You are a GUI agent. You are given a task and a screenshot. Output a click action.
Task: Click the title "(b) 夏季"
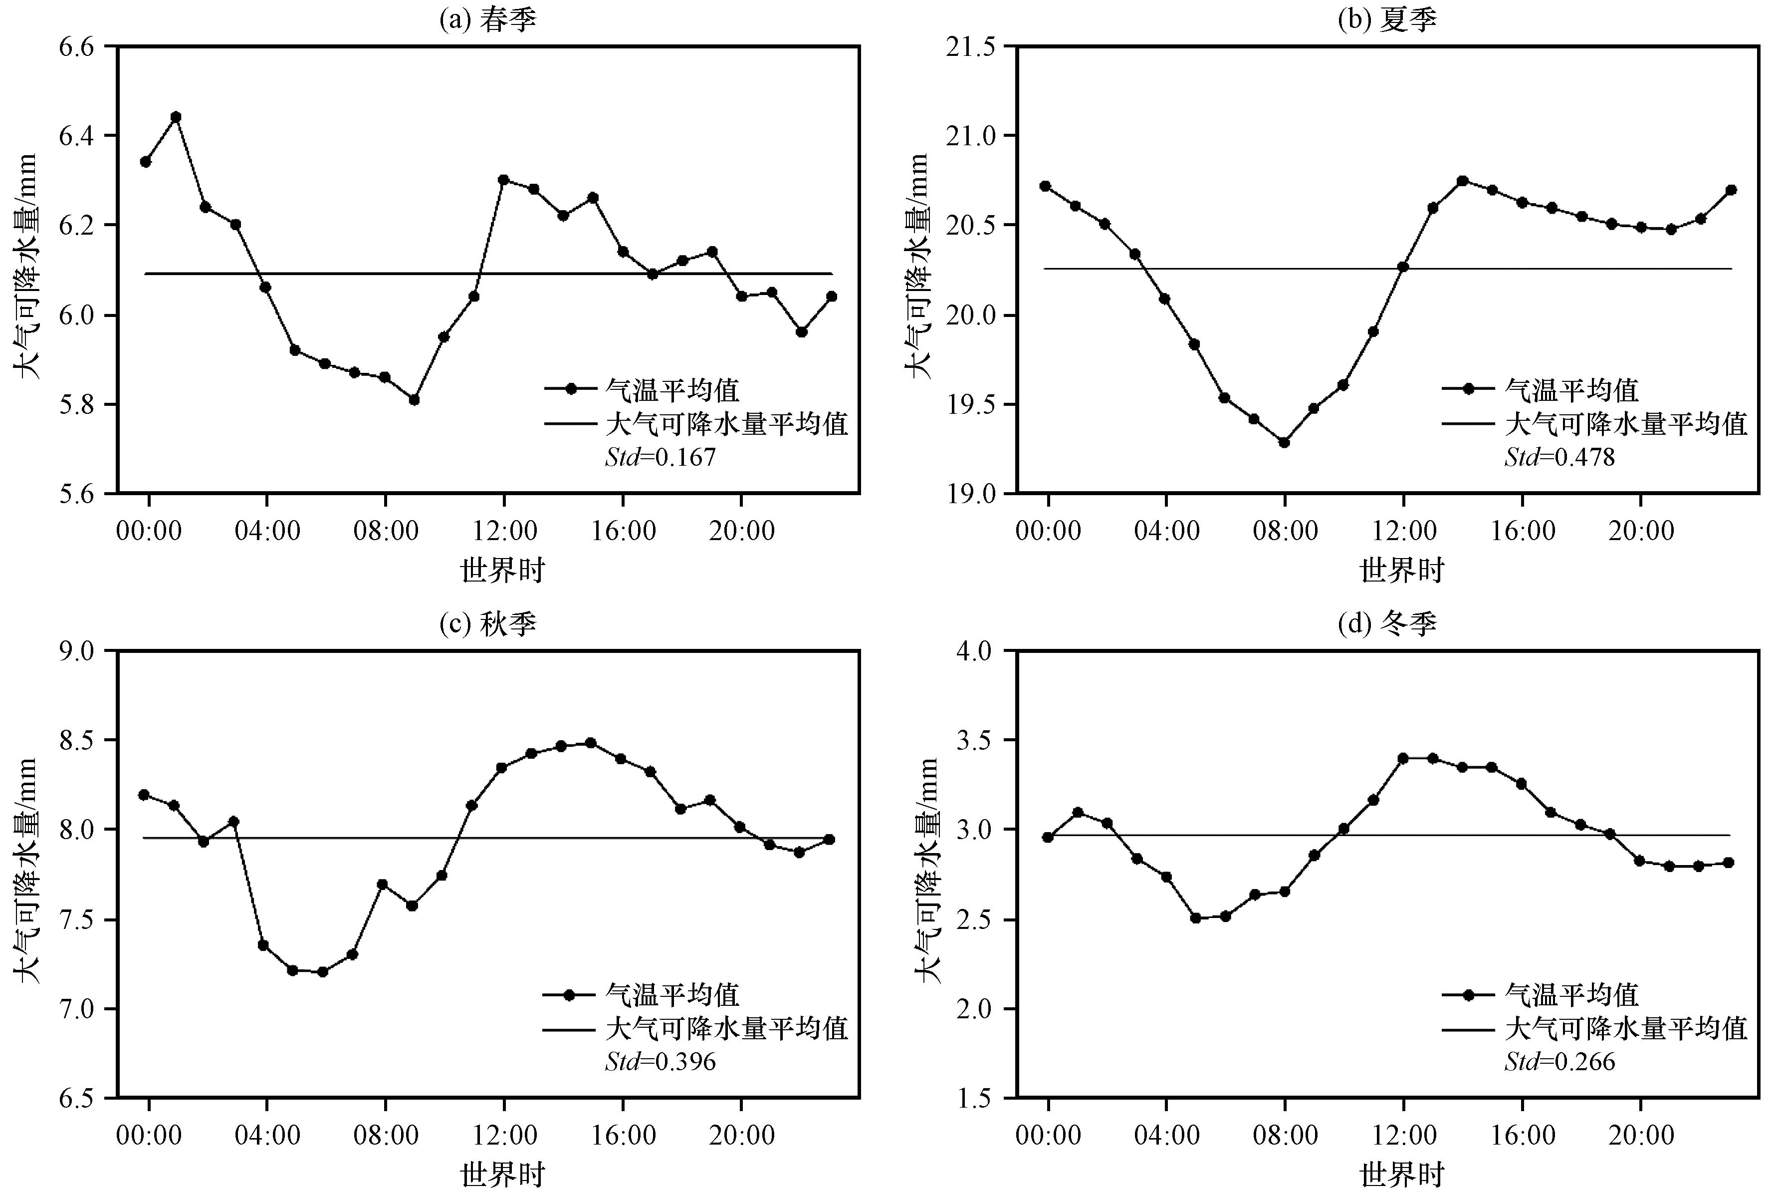click(x=1387, y=19)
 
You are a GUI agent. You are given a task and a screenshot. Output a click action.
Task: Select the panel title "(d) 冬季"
click(x=1387, y=623)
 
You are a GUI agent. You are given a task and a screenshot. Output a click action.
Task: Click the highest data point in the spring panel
click(x=176, y=117)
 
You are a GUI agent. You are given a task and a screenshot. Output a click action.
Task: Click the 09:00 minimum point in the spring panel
click(x=414, y=399)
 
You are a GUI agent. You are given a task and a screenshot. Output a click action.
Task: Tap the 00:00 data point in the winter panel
click(x=1048, y=837)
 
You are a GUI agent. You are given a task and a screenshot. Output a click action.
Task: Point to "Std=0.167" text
click(x=661, y=457)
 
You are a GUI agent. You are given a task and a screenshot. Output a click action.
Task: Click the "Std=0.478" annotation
click(x=1559, y=457)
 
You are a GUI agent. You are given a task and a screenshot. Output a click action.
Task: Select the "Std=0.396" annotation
click(x=661, y=1061)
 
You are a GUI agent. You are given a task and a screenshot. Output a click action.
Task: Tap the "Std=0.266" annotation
click(x=1559, y=1061)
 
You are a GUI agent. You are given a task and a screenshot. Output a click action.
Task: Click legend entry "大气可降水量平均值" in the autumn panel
click(x=726, y=1028)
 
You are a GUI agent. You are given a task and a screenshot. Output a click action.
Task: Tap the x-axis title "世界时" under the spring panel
click(x=502, y=570)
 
